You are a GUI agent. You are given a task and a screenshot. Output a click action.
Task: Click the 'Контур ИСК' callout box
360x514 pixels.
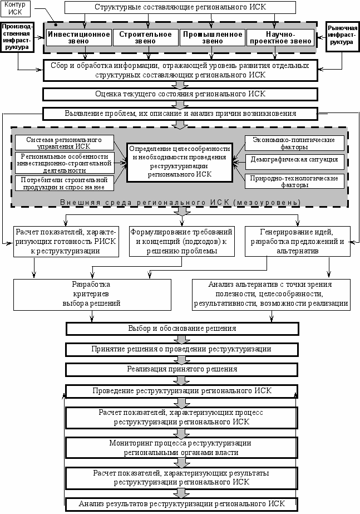tap(16, 8)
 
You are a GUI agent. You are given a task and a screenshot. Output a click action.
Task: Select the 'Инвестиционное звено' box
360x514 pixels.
tap(78, 37)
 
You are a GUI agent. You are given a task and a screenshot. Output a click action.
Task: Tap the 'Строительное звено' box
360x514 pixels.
tap(145, 37)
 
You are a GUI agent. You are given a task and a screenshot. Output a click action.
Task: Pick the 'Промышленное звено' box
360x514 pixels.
tap(212, 37)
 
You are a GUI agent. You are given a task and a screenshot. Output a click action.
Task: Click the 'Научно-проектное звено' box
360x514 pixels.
tap(280, 37)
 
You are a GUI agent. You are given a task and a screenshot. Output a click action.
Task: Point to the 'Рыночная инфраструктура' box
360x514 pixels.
tap(342, 37)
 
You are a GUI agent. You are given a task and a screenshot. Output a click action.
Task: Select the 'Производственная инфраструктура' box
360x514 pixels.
tap(17, 37)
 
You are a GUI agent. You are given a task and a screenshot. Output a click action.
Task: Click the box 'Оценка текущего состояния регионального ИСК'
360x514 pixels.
tap(180, 95)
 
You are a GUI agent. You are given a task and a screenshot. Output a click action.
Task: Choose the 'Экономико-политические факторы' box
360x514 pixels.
tap(294, 143)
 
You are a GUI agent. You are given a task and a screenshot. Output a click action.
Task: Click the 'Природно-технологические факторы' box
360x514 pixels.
tap(294, 182)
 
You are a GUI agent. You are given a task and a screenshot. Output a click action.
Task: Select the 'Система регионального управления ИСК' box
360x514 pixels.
tap(64, 143)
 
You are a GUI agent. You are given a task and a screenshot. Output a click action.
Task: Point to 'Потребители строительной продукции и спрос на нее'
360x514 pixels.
tap(64, 183)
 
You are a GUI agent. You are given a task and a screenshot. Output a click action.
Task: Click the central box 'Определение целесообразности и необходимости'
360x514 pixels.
tap(180, 162)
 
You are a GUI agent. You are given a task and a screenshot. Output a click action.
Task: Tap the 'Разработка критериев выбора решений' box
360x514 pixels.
tap(92, 295)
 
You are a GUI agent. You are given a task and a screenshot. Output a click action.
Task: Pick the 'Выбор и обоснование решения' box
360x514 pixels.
tap(182, 329)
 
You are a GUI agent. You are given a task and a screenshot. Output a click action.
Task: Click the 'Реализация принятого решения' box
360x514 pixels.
tap(182, 369)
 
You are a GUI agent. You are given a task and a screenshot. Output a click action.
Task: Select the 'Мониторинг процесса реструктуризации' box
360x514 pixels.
tap(181, 448)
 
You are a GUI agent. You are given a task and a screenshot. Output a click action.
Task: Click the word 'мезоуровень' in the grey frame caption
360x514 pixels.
tap(267, 203)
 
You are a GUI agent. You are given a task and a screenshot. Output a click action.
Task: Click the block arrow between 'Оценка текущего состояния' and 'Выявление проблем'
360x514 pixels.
tap(180, 105)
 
